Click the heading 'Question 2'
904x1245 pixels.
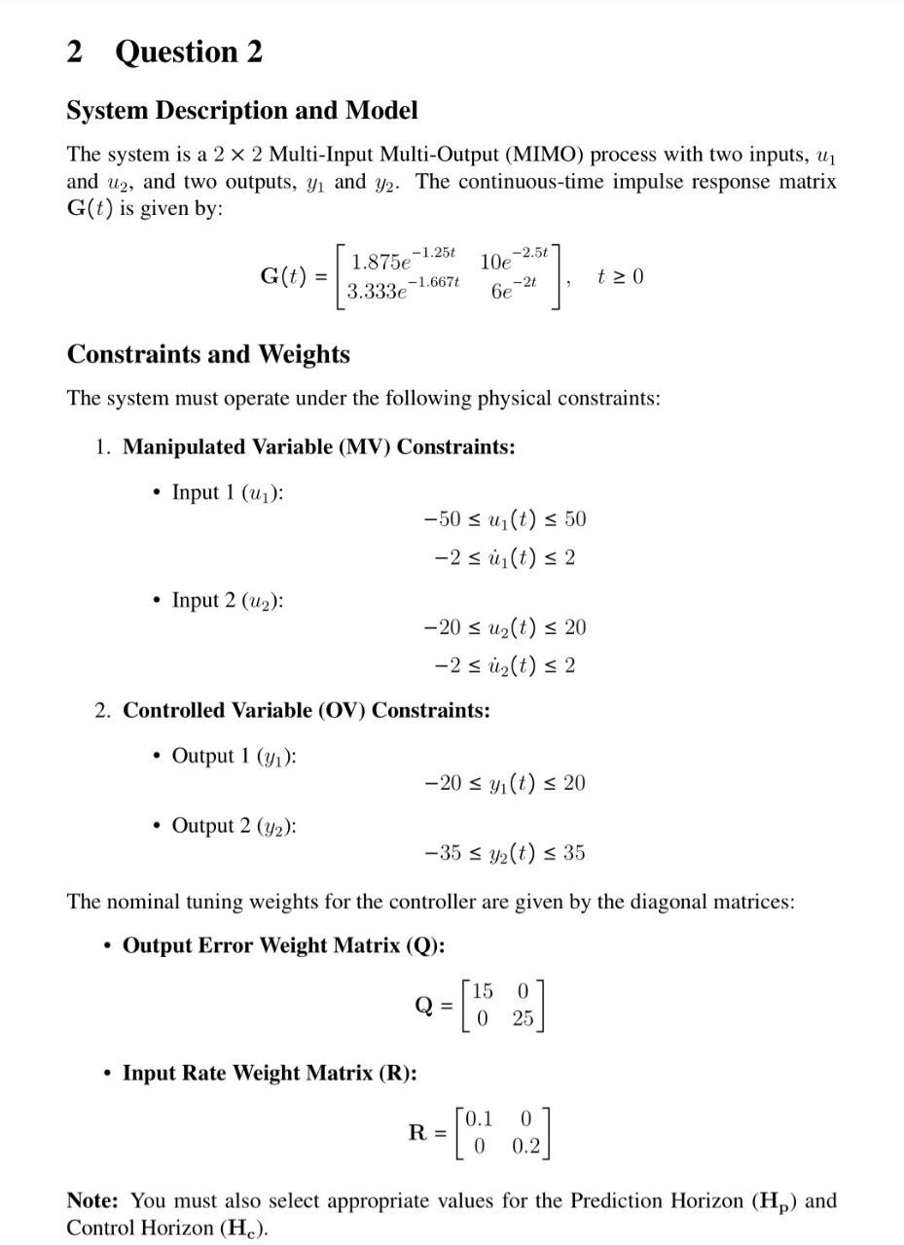[189, 52]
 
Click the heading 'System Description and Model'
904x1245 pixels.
[242, 111]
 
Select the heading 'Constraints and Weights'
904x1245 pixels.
[208, 354]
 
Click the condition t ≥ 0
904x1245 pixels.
[620, 277]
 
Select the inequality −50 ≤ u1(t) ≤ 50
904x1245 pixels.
[505, 519]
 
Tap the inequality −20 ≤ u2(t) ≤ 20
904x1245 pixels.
[505, 627]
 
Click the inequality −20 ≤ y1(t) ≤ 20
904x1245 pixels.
[505, 783]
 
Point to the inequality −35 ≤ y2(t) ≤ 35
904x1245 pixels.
[505, 853]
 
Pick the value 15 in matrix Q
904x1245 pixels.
[482, 991]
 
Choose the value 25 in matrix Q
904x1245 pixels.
[523, 1019]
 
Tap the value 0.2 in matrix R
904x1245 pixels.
[525, 1146]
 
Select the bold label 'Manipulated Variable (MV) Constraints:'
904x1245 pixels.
[319, 447]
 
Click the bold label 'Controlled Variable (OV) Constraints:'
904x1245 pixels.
[307, 710]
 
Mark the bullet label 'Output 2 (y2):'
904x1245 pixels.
[235, 826]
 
